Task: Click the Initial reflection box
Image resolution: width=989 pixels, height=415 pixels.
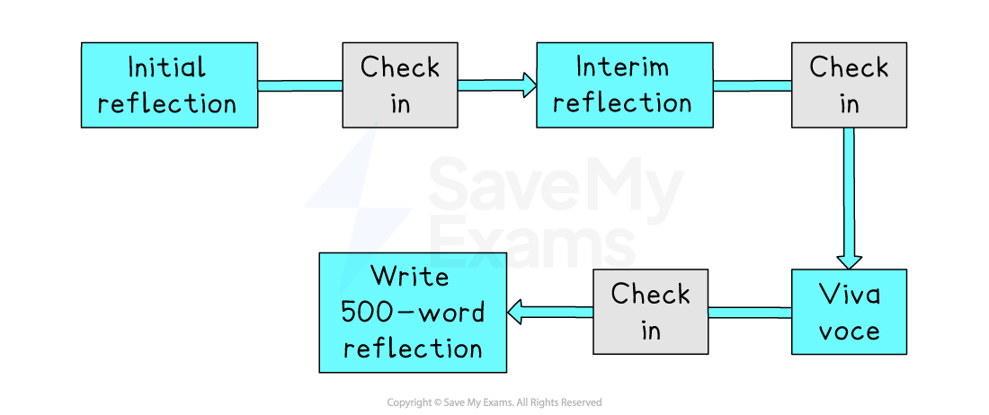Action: (169, 85)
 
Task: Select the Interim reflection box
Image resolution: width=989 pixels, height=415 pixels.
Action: (624, 85)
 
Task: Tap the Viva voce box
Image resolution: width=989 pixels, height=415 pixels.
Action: (849, 312)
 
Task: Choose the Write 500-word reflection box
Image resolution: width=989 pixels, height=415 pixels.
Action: (413, 313)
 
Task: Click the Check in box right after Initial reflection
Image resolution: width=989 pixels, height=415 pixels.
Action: (400, 85)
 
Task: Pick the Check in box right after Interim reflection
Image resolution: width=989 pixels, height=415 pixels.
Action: (849, 85)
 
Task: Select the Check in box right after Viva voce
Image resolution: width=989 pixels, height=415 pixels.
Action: (650, 312)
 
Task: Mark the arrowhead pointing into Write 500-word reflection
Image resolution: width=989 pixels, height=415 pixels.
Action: (517, 313)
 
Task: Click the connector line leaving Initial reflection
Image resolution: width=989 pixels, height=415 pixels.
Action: (299, 86)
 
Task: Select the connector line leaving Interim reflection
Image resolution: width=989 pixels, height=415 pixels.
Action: (752, 86)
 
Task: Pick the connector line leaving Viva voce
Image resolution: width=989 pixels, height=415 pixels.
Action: (750, 313)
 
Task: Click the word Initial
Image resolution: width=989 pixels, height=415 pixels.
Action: (167, 67)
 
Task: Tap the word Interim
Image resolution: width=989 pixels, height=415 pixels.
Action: (622, 67)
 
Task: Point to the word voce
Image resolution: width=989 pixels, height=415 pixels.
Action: (849, 331)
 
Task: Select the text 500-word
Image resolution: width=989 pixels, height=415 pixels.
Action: (413, 312)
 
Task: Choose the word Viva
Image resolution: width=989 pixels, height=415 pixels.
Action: (849, 294)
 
